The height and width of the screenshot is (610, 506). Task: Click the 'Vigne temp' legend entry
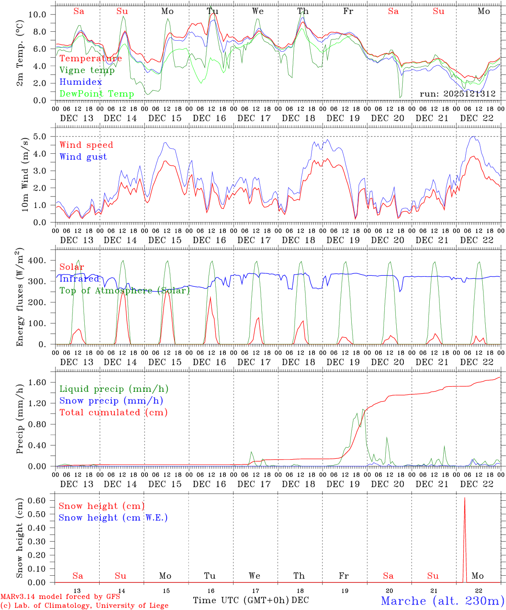click(x=87, y=70)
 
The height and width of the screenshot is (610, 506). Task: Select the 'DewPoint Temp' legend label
click(x=97, y=94)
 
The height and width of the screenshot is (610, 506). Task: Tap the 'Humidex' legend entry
click(x=81, y=82)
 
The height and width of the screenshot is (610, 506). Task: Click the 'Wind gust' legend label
click(x=83, y=157)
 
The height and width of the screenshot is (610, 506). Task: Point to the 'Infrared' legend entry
click(x=79, y=279)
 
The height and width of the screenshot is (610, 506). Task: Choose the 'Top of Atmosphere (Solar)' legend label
click(x=125, y=291)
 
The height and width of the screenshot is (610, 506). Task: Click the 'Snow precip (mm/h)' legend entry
click(x=111, y=401)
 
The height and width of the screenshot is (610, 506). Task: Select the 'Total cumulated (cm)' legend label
click(x=113, y=413)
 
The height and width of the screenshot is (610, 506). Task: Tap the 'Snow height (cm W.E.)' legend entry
click(x=113, y=518)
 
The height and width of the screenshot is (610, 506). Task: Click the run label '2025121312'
click(x=458, y=94)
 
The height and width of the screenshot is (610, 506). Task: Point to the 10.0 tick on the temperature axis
click(x=37, y=14)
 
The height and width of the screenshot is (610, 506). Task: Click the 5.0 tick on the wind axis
click(x=39, y=136)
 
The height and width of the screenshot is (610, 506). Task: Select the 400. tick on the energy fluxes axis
click(x=37, y=261)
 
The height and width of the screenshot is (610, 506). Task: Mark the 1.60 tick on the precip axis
click(x=37, y=383)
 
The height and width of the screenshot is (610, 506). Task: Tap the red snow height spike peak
click(x=464, y=498)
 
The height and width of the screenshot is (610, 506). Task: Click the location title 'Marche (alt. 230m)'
click(x=442, y=601)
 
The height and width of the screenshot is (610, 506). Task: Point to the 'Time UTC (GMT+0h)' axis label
click(x=241, y=600)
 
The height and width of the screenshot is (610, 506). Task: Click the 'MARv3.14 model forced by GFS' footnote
click(x=60, y=597)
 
